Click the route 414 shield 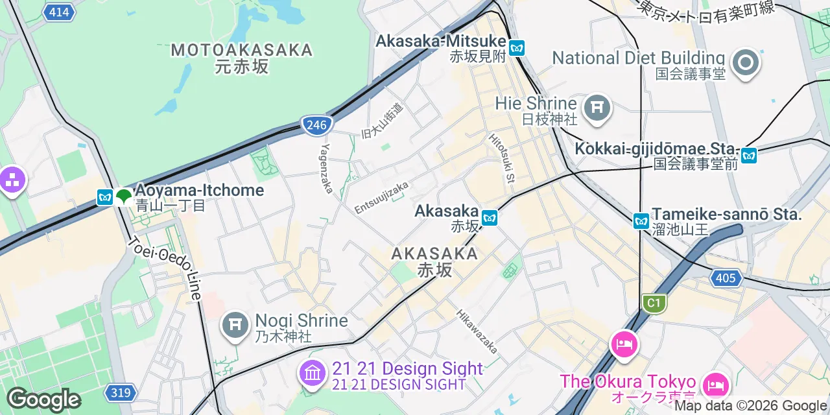pyautogui.click(x=58, y=12)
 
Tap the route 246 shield pyautogui.click(x=316, y=125)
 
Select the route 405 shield pyautogui.click(x=726, y=279)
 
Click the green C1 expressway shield pyautogui.click(x=654, y=303)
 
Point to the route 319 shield pyautogui.click(x=121, y=392)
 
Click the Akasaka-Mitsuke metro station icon pyautogui.click(x=517, y=47)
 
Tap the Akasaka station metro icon pyautogui.click(x=490, y=217)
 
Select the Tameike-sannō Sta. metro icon pyautogui.click(x=641, y=221)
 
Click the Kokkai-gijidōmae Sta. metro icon pyautogui.click(x=749, y=156)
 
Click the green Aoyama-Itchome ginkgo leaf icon pyautogui.click(x=123, y=196)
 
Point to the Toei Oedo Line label pyautogui.click(x=166, y=268)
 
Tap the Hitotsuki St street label pyautogui.click(x=502, y=159)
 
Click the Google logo pyautogui.click(x=43, y=399)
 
